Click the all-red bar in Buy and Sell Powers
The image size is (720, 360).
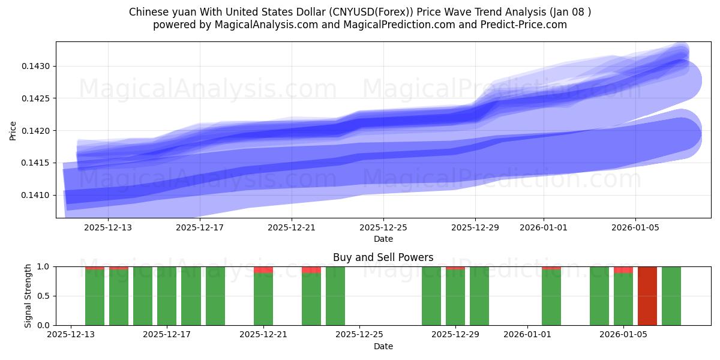click(647, 296)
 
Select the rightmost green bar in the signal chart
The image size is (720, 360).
click(671, 296)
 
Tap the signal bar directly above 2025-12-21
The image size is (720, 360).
click(263, 299)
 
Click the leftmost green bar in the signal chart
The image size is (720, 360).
click(95, 297)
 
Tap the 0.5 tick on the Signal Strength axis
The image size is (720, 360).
click(46, 296)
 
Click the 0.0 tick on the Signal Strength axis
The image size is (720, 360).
click(46, 325)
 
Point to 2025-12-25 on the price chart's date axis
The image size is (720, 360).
click(383, 227)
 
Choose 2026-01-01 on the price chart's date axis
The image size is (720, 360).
click(544, 227)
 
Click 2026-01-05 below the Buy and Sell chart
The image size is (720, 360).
click(623, 335)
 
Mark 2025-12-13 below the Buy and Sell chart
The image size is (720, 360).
click(71, 335)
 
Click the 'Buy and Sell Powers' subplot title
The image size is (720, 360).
click(383, 257)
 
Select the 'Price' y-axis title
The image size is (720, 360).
click(13, 130)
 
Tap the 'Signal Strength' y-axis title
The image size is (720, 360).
click(28, 296)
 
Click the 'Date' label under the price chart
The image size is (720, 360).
click(383, 239)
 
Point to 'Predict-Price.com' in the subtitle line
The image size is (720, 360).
click(526, 25)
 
